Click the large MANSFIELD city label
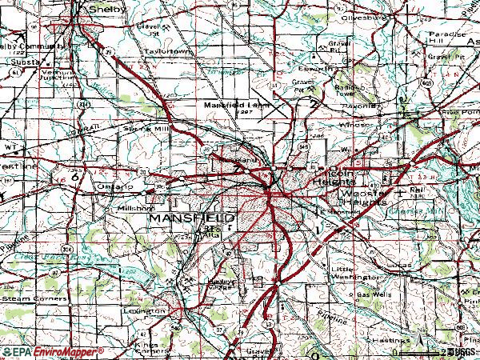tap(190, 218)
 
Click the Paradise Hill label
tap(446, 40)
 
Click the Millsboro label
tap(134, 205)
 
